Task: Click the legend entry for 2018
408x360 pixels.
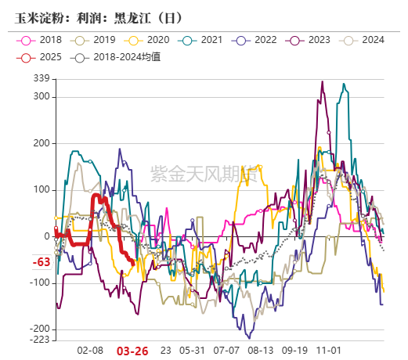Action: tap(44, 39)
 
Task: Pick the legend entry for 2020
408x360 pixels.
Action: tap(150, 39)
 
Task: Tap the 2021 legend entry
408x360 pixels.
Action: tap(203, 39)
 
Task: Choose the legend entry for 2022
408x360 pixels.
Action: tap(256, 39)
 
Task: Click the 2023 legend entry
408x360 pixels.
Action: tap(310, 39)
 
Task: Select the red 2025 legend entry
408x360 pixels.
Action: tap(44, 56)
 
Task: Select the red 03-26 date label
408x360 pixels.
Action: tap(132, 351)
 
